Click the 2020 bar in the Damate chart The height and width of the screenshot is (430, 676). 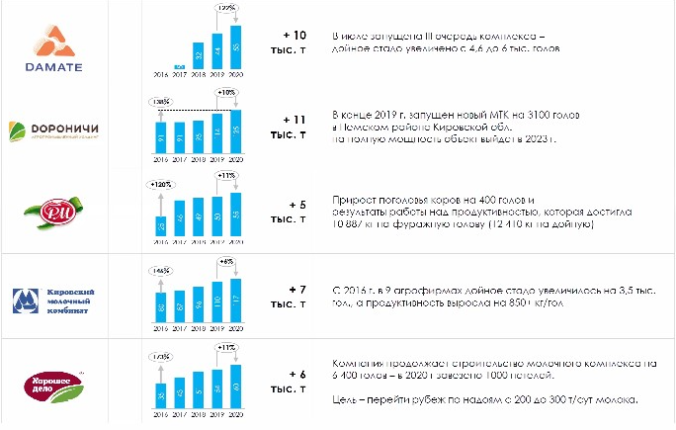[235, 46]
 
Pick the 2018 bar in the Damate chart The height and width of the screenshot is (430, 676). [197, 56]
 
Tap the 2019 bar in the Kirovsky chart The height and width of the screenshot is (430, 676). [216, 301]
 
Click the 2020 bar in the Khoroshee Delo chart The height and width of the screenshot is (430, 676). [235, 385]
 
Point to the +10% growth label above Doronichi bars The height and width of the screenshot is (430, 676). [225, 92]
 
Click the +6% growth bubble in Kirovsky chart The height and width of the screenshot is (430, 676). [226, 262]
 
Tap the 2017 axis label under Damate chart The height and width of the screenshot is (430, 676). [179, 74]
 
